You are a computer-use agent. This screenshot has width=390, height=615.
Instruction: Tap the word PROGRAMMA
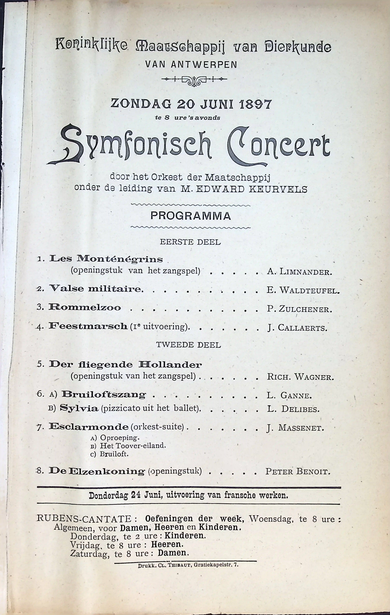pos(191,216)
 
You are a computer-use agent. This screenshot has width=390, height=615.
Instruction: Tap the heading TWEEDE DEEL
pos(188,345)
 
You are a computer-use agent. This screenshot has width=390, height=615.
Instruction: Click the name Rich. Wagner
pos(300,377)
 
